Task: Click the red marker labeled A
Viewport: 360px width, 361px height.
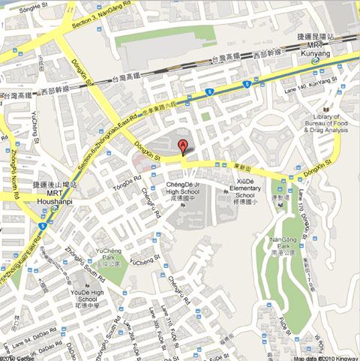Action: [x=182, y=147]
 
